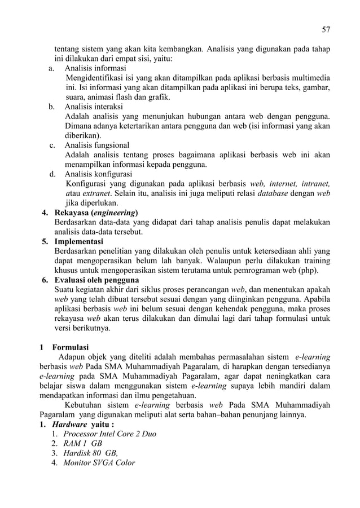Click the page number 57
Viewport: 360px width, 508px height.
point(326,29)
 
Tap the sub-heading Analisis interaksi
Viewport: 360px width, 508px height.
point(94,107)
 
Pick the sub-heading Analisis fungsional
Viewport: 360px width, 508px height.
point(96,145)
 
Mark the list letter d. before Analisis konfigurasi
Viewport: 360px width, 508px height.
point(51,174)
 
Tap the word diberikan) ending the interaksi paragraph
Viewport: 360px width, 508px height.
point(84,135)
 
